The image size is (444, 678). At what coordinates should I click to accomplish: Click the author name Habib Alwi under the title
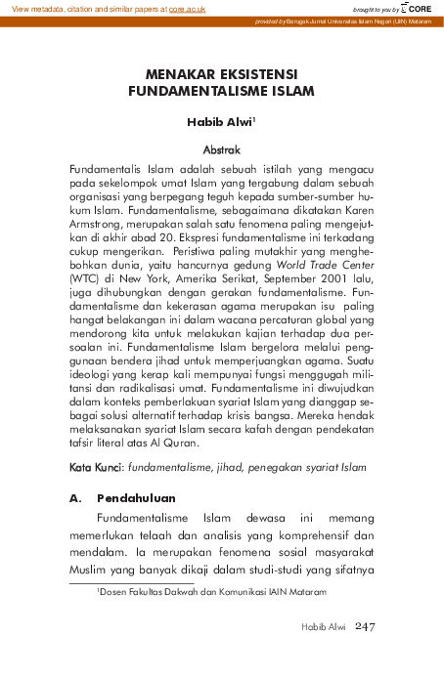(x=219, y=124)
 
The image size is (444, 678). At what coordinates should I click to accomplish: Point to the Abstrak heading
(x=221, y=150)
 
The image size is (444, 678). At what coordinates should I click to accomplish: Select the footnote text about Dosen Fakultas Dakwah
(x=210, y=592)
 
